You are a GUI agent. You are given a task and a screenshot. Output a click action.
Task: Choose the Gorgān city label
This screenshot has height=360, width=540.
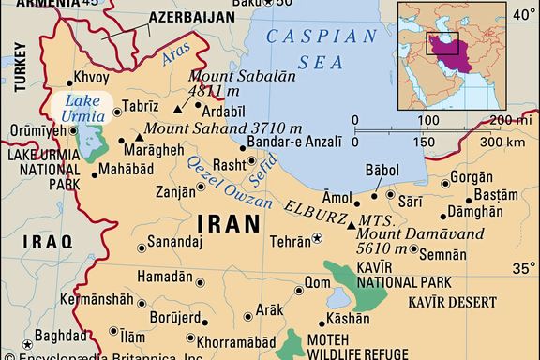(466, 176)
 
